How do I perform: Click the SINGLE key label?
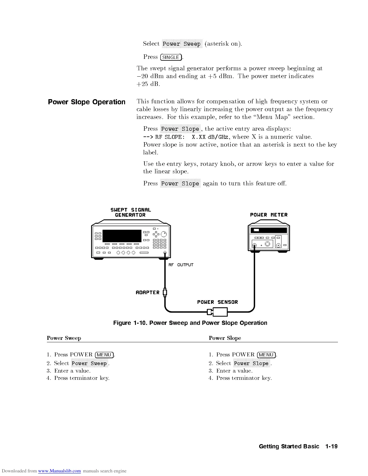[x=171, y=57]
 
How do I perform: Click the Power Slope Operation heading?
[x=87, y=102]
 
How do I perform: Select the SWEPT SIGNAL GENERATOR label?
[x=130, y=212]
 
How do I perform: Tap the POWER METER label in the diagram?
[x=269, y=215]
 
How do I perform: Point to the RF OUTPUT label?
[x=181, y=265]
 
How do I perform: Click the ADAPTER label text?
[x=147, y=292]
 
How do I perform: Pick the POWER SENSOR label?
[x=217, y=302]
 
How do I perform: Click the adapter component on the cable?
[x=165, y=292]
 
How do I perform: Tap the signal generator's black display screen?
[x=122, y=236]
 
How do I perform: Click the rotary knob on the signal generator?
[x=164, y=234]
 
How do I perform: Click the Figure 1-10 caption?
[x=190, y=323]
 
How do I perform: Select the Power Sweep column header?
[x=64, y=338]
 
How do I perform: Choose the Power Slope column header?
[x=225, y=338]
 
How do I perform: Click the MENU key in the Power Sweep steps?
[x=104, y=355]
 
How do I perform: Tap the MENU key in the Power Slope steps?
[x=266, y=355]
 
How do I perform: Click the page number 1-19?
[x=331, y=447]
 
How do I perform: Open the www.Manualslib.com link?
[x=60, y=471]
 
